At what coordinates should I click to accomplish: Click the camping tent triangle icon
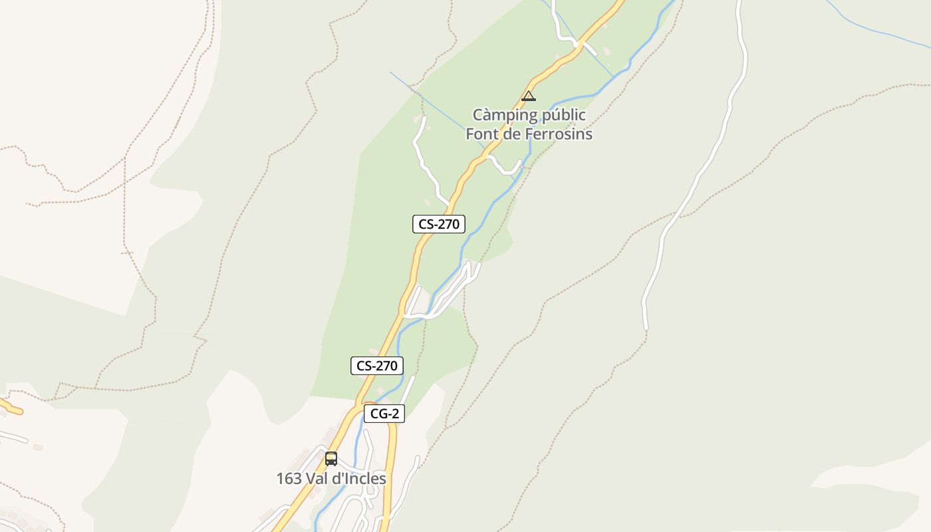pos(529,96)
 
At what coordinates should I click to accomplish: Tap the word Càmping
pos(505,115)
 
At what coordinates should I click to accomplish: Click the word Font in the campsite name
pos(481,134)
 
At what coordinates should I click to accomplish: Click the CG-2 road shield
pos(384,414)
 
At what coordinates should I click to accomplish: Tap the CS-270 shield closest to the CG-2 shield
pos(377,366)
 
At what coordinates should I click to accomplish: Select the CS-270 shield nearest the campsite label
pos(438,224)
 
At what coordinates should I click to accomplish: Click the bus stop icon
pos(331,459)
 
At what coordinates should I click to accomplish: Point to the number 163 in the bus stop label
pos(289,479)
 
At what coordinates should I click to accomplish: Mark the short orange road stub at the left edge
pos(12,406)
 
